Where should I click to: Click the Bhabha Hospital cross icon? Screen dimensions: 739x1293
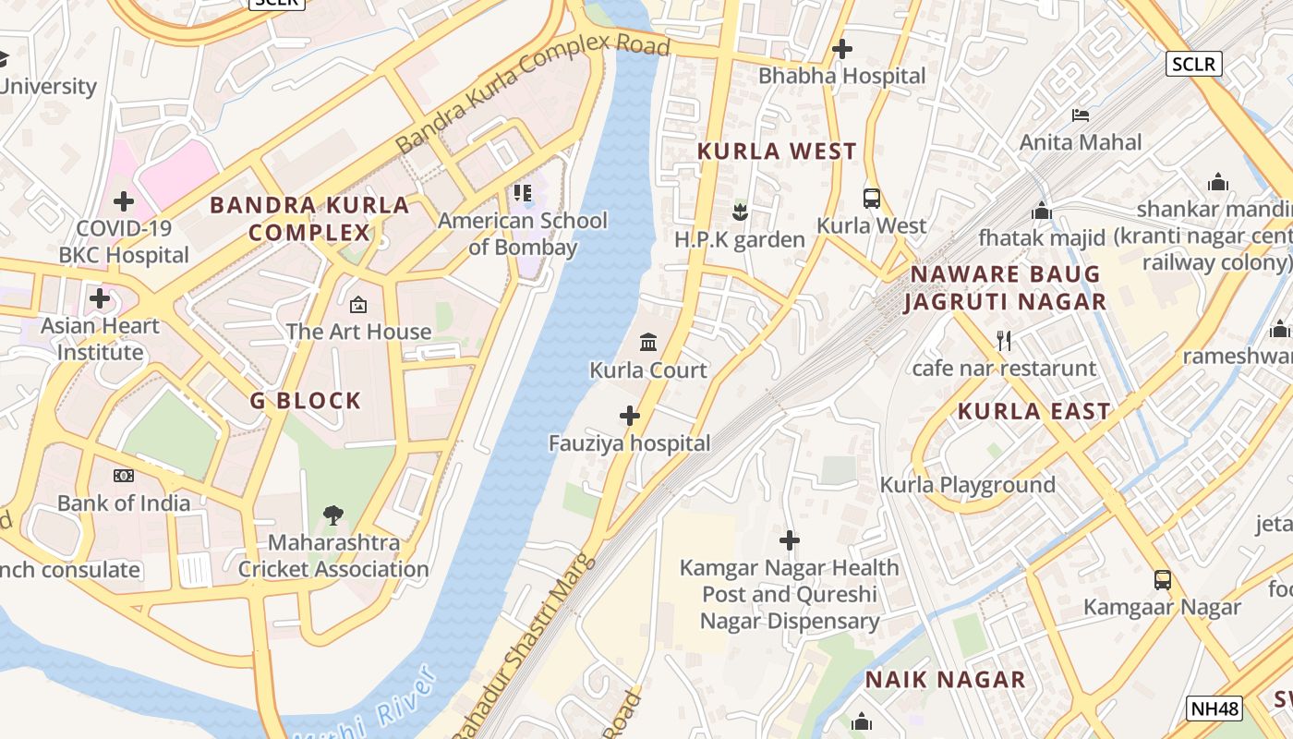tap(841, 49)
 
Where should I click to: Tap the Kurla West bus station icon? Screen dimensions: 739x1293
tap(871, 198)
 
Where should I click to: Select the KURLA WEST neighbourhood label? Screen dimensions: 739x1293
tap(777, 151)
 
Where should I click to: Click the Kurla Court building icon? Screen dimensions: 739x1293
tap(648, 343)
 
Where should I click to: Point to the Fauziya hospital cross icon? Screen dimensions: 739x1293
tap(630, 416)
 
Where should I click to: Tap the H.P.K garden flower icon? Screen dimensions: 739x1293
tap(739, 212)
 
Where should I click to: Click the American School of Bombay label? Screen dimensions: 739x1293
tap(523, 234)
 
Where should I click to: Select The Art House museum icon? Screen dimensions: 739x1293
tap(358, 304)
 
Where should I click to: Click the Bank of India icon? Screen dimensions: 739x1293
tap(124, 476)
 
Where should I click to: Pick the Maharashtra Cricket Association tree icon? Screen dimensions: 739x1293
tap(333, 515)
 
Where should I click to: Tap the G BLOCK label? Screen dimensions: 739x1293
tap(306, 401)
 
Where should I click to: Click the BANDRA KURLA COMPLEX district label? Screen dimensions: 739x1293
tap(309, 218)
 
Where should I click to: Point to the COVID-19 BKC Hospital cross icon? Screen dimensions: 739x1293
tap(124, 200)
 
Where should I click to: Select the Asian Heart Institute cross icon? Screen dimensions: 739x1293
tap(100, 298)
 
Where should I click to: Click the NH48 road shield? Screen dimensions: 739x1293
tap(1214, 709)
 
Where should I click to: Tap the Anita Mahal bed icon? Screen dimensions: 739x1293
tap(1081, 115)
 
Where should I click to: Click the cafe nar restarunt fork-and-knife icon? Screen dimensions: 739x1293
tap(1004, 341)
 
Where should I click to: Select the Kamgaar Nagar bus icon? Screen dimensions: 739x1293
tap(1162, 579)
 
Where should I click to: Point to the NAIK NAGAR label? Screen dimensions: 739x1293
tap(945, 680)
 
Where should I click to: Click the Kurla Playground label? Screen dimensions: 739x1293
tap(967, 485)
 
